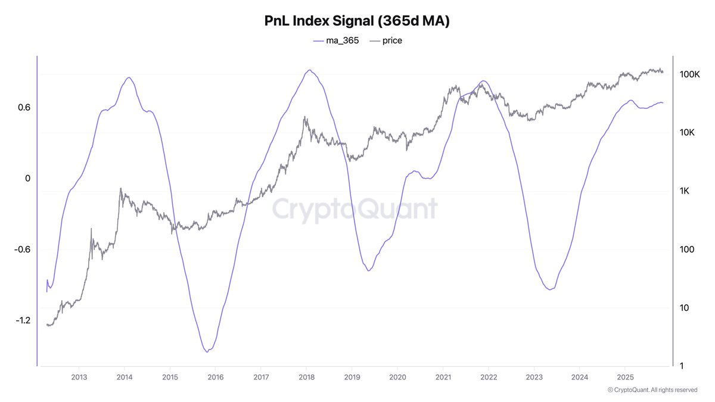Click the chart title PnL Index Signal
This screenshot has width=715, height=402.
(x=357, y=20)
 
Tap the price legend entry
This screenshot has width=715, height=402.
(x=386, y=40)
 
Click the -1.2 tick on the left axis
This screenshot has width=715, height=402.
(x=22, y=320)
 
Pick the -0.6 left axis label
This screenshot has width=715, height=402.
(x=22, y=250)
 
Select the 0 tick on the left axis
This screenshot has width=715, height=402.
(x=27, y=179)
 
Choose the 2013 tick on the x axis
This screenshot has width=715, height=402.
(x=79, y=377)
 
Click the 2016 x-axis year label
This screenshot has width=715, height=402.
(x=215, y=377)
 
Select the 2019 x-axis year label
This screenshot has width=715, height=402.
(x=352, y=377)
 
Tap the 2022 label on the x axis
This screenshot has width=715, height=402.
(x=489, y=377)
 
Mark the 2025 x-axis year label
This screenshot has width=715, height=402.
(x=624, y=377)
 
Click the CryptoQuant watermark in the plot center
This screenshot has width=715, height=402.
(x=355, y=209)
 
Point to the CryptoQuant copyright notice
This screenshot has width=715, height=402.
(x=652, y=390)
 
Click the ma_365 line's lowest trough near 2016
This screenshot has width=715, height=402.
(x=207, y=352)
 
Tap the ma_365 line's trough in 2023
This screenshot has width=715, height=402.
(x=550, y=289)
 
